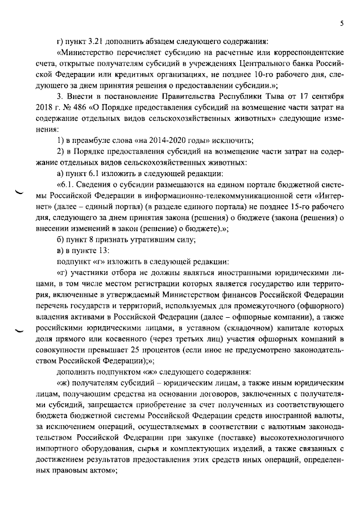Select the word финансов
click(x=234, y=292)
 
